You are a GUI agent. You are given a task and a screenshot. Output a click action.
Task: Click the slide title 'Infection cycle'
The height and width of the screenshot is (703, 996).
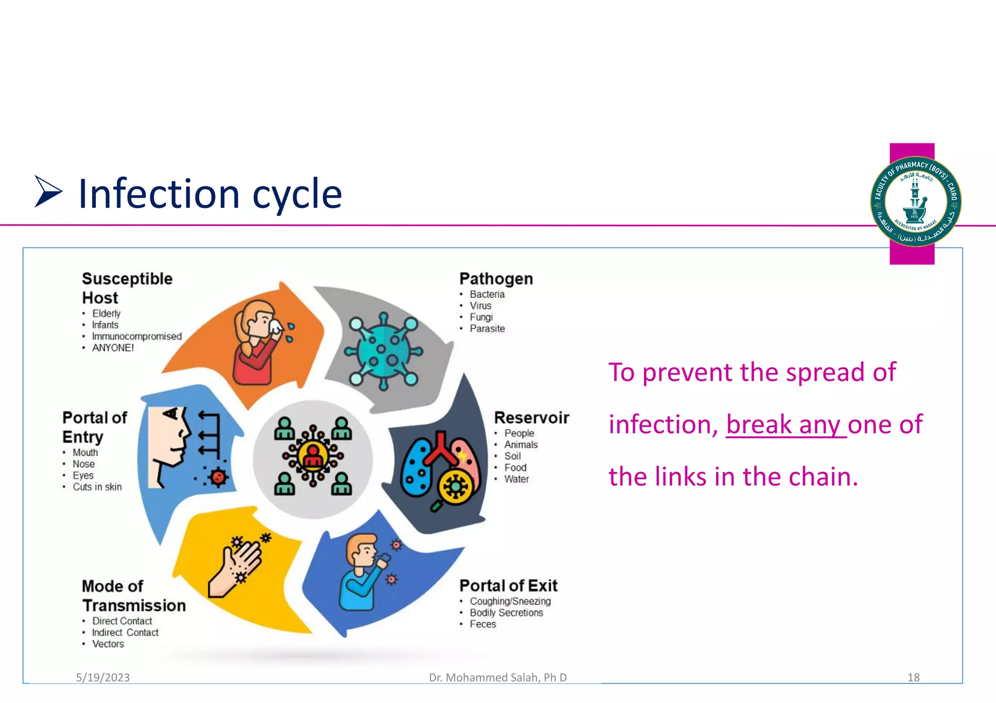pyautogui.click(x=210, y=194)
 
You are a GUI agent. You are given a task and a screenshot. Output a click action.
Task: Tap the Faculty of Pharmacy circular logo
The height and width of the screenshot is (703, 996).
pyautogui.click(x=915, y=201)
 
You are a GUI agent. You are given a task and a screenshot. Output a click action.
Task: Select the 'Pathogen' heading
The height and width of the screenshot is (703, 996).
pyautogui.click(x=496, y=279)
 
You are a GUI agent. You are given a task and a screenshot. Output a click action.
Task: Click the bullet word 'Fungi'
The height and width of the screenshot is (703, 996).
pyautogui.click(x=481, y=317)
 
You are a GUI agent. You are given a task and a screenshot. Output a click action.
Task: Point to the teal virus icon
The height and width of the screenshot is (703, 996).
pyautogui.click(x=383, y=351)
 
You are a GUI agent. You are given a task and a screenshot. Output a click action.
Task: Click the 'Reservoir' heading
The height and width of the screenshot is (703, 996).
pyautogui.click(x=531, y=418)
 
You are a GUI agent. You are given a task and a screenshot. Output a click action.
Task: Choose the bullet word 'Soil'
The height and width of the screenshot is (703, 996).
pyautogui.click(x=512, y=456)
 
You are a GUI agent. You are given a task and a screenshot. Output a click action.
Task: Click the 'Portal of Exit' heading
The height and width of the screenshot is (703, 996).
pyautogui.click(x=508, y=585)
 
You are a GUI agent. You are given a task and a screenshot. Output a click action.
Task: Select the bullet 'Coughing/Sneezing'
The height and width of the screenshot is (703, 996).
pyautogui.click(x=510, y=601)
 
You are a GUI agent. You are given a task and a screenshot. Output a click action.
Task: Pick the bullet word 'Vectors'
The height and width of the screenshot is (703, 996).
pyautogui.click(x=108, y=644)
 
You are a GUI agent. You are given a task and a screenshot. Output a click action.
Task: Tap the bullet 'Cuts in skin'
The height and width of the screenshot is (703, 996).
pyautogui.click(x=97, y=487)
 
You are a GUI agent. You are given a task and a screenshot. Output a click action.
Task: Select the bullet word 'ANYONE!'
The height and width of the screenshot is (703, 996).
pyautogui.click(x=113, y=348)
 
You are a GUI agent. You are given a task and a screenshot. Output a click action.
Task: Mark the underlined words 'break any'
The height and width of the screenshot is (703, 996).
pyautogui.click(x=785, y=425)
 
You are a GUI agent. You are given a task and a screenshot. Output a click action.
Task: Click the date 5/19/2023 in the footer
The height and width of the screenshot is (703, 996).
pyautogui.click(x=103, y=677)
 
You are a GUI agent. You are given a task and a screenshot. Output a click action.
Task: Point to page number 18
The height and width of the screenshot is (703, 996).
pyautogui.click(x=913, y=677)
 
